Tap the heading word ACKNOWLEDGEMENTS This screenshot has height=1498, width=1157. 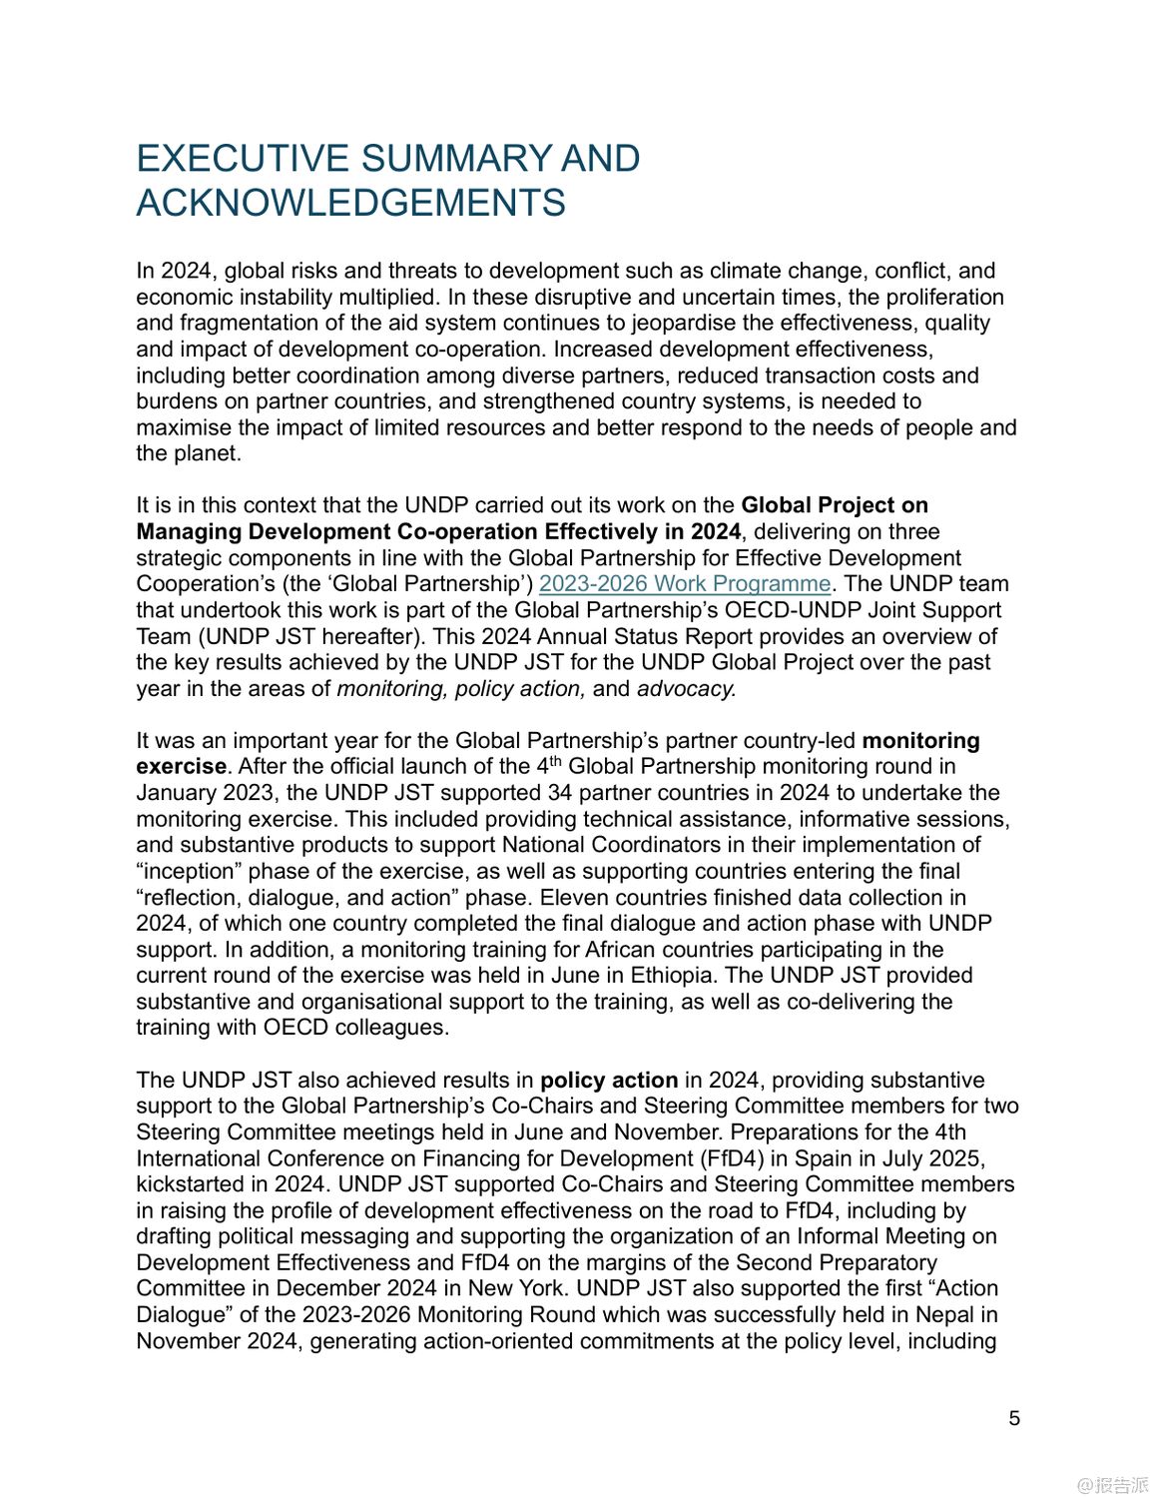(350, 203)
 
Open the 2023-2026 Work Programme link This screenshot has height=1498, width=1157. (684, 584)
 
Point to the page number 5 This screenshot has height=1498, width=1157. (1014, 1418)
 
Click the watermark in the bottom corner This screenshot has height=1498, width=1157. (1112, 1485)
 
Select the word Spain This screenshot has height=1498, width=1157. (825, 1158)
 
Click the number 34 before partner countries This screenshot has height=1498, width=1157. (559, 793)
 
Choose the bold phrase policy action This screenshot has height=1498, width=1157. (609, 1081)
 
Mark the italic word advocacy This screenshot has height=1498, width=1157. (686, 689)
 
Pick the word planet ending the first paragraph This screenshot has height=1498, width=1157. (208, 454)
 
